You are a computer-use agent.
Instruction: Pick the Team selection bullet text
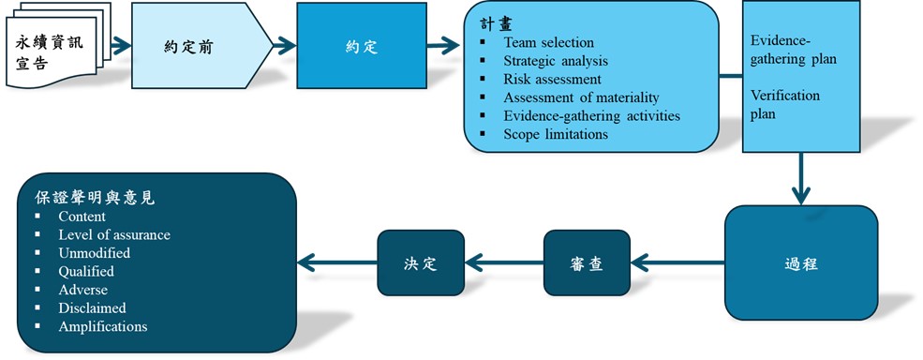coord(548,42)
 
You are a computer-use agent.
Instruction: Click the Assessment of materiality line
coord(581,97)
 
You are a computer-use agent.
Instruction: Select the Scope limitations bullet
coord(556,134)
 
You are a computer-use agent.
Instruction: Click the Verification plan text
coord(785,104)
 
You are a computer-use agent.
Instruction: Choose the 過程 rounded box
coord(800,263)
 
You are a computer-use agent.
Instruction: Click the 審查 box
coord(586,263)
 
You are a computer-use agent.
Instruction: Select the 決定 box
coord(421,263)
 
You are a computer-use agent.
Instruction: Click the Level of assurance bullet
coord(113,234)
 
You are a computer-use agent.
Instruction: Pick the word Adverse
coord(82,290)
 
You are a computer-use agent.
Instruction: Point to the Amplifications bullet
coord(102,326)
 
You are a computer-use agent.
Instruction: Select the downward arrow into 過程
coord(800,179)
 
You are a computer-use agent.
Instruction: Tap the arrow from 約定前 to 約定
coord(285,44)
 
